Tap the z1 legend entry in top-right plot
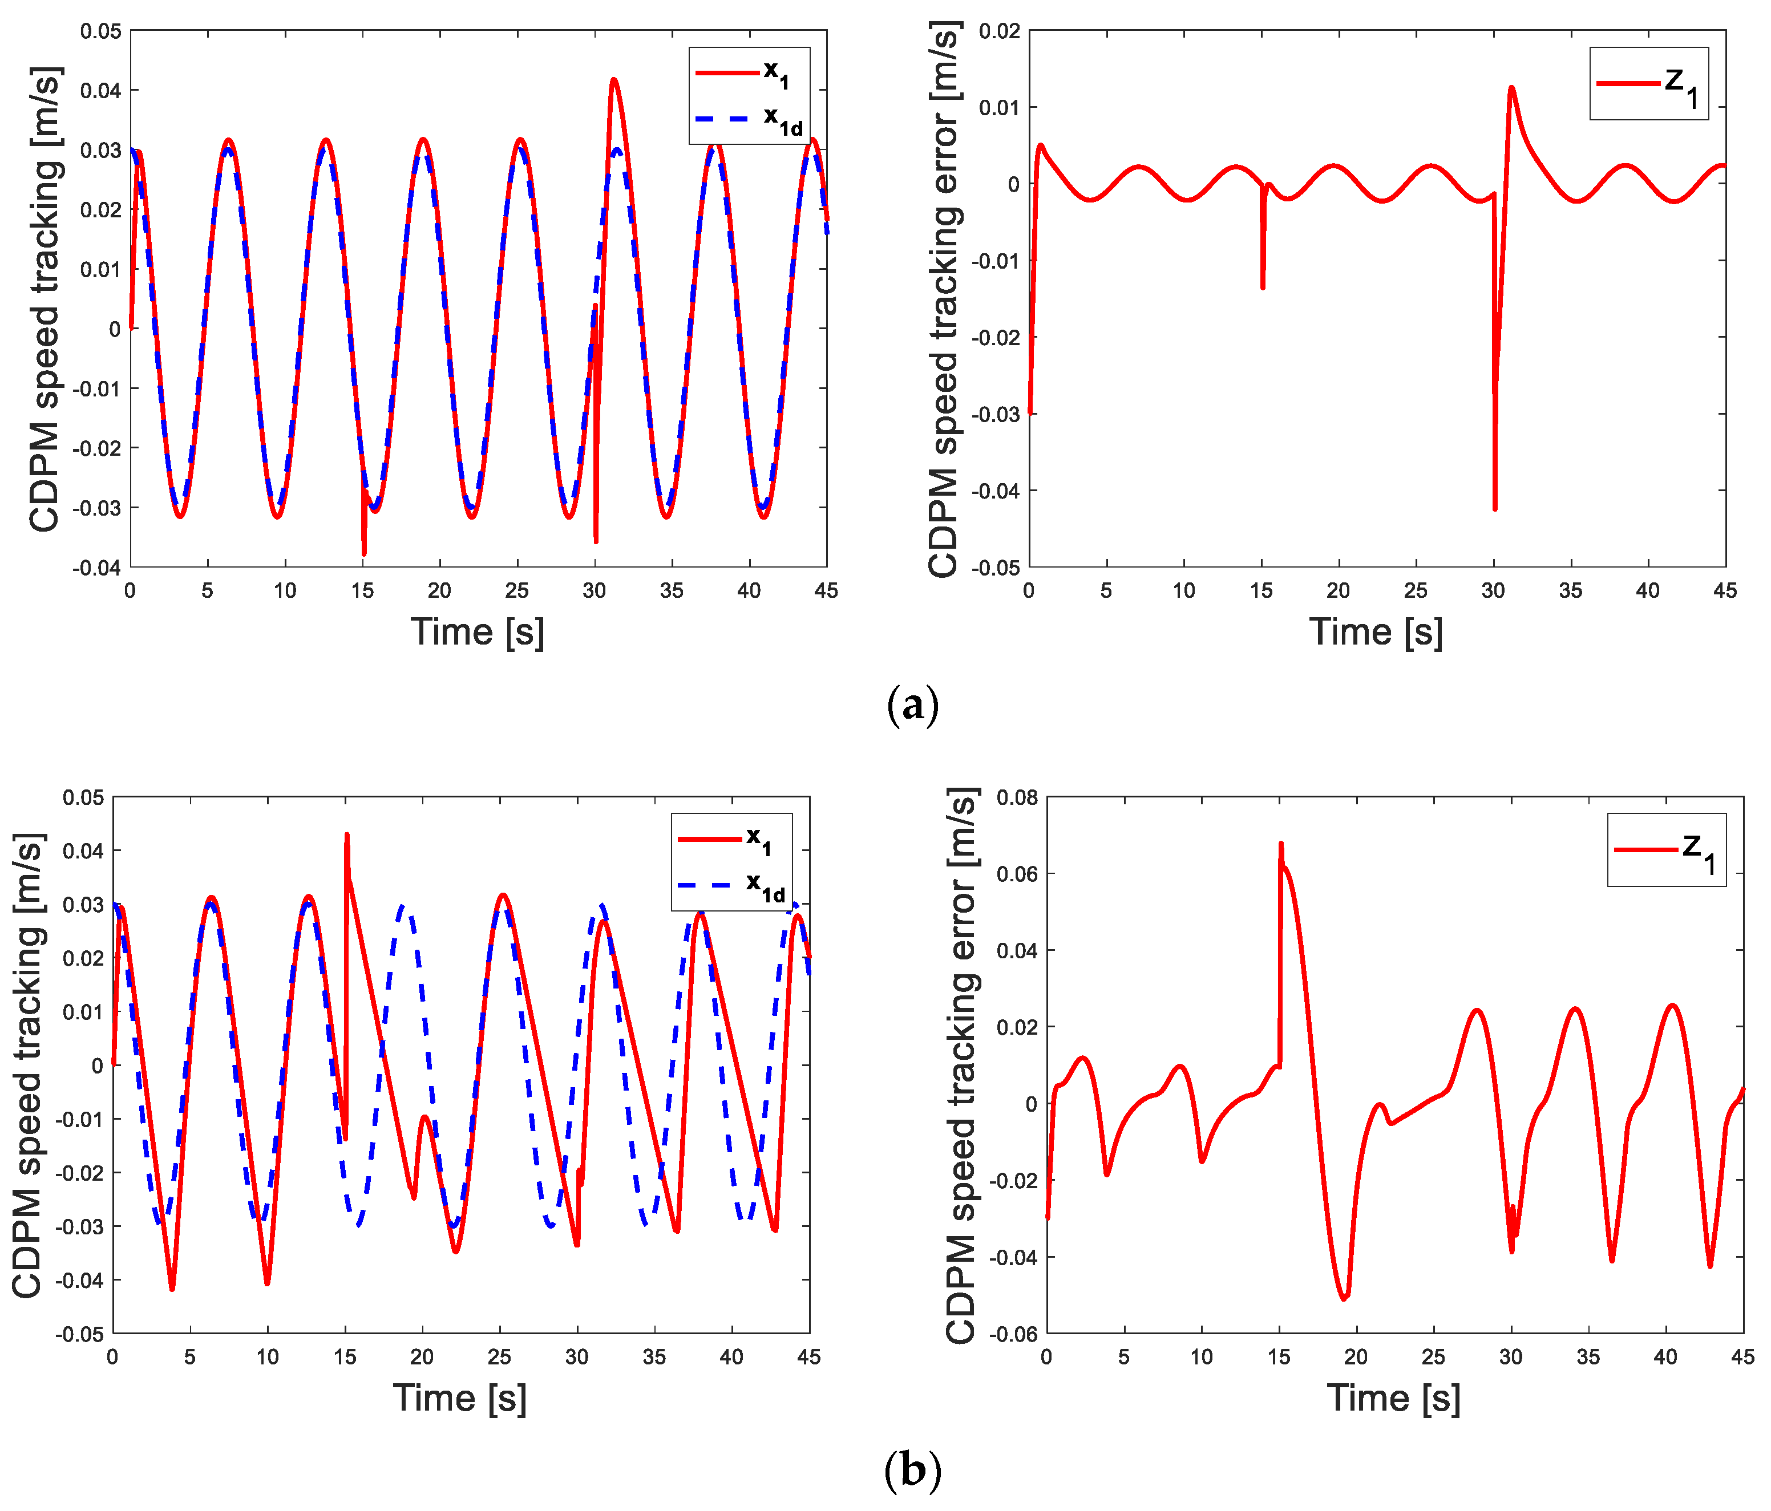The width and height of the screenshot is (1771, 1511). [1648, 84]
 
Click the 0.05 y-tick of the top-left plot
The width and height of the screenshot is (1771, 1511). [101, 31]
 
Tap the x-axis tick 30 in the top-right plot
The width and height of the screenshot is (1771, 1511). [1493, 590]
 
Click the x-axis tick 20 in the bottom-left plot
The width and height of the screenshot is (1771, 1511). [422, 1356]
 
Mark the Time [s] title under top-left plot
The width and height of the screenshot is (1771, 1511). [477, 633]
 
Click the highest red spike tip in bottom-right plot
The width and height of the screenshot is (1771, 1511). [1280, 844]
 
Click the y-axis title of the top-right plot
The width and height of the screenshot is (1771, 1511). [944, 299]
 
